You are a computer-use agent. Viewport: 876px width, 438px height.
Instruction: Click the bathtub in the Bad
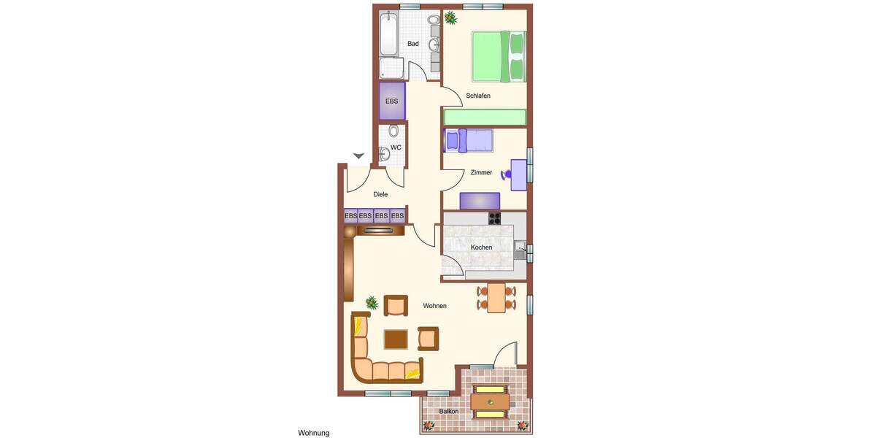tap(389, 33)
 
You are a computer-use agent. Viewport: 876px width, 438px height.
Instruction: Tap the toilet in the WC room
tap(394, 131)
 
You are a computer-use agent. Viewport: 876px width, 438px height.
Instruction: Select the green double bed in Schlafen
tap(499, 56)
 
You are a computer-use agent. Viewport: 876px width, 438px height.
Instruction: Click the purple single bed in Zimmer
tap(469, 140)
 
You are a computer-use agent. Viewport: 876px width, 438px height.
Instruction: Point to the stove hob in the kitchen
tap(495, 218)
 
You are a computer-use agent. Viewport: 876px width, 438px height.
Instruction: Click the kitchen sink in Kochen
tap(520, 250)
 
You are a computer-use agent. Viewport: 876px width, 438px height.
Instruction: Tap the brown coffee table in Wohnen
tap(396, 339)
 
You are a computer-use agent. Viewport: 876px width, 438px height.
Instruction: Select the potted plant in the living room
tap(372, 302)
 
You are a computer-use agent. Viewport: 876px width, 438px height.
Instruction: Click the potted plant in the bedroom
tap(450, 17)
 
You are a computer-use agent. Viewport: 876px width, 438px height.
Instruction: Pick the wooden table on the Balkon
tap(490, 401)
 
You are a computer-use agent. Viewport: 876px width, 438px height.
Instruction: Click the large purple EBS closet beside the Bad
tap(392, 101)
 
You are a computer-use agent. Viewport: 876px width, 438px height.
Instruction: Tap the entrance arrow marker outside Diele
tap(358, 155)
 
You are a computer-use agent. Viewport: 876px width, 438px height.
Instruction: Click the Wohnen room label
tap(434, 306)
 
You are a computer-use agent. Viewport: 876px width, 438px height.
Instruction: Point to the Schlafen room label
tap(478, 96)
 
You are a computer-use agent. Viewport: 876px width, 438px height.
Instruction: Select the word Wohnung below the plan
tap(314, 433)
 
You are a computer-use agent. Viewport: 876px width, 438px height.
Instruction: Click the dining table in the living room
tap(496, 298)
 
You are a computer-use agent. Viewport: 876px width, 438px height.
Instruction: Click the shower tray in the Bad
tap(392, 68)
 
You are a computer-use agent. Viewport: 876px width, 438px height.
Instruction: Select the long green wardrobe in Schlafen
tap(485, 117)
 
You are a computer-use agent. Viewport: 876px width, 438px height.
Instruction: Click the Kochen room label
tap(481, 247)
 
